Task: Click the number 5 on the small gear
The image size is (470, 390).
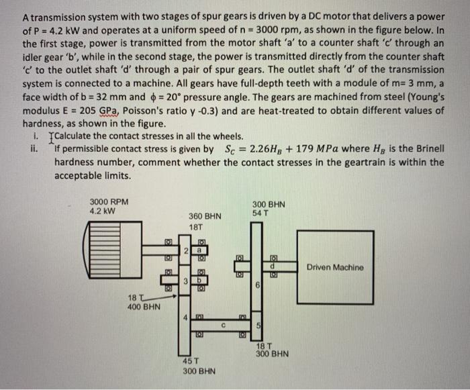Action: [258, 326]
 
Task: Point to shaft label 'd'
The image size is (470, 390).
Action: [273, 267]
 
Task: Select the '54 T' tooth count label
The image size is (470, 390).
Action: [261, 213]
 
